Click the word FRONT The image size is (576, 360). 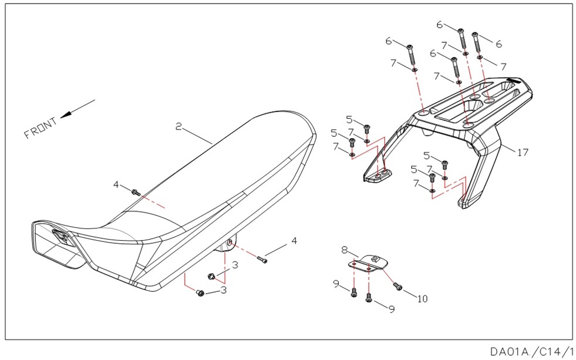click(41, 127)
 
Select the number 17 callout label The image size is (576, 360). click(523, 152)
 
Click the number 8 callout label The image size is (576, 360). click(345, 250)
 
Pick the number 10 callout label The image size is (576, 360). click(422, 298)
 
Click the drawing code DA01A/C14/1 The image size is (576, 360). click(531, 351)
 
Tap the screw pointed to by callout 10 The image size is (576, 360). click(398, 286)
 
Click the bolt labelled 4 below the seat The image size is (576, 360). click(262, 259)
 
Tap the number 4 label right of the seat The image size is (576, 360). click(294, 241)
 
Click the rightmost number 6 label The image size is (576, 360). click(498, 44)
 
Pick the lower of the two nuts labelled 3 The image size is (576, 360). click(200, 292)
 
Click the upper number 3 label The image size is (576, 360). click(235, 265)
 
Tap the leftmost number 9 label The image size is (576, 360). click(336, 284)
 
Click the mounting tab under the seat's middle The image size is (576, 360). click(227, 245)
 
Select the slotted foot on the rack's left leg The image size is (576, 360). click(377, 175)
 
